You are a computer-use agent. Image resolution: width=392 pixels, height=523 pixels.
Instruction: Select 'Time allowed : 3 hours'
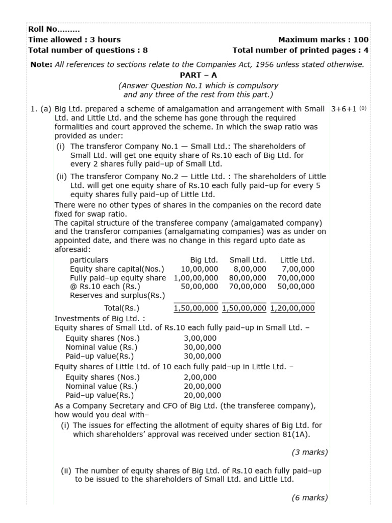[75, 39]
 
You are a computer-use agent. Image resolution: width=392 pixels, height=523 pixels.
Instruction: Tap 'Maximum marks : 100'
[323, 39]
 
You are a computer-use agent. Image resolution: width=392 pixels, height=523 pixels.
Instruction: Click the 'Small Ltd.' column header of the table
[248, 260]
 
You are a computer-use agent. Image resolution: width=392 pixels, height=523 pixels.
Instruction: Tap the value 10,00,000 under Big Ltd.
[200, 269]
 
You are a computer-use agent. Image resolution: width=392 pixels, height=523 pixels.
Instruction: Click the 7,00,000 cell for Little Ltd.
[298, 269]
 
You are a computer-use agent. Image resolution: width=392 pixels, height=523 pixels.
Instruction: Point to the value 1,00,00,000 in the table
[196, 278]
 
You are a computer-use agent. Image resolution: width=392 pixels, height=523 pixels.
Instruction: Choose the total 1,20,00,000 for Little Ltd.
[292, 308]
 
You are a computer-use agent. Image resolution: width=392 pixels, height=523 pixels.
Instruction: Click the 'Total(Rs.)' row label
[121, 308]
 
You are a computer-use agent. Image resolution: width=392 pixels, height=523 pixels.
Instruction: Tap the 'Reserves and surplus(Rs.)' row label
[117, 296]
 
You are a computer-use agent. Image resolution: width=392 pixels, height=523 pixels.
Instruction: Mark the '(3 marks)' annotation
[309, 452]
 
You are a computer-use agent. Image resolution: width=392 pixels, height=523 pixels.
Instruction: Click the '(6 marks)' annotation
[309, 498]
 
